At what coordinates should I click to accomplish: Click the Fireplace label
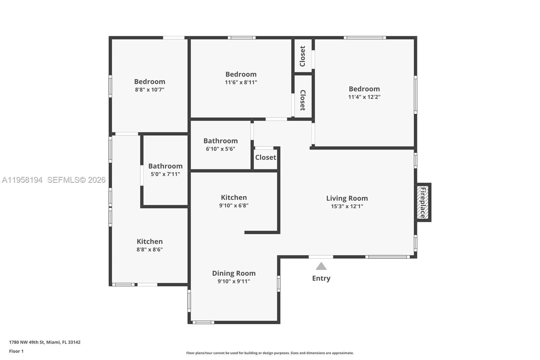(423, 202)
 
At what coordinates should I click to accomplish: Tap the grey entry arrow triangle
(321, 266)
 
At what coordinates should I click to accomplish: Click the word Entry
(321, 278)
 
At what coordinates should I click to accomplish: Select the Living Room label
(347, 198)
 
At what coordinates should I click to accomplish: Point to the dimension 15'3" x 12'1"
(347, 206)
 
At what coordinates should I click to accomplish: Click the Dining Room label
(234, 273)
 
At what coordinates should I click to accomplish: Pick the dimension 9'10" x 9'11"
(234, 281)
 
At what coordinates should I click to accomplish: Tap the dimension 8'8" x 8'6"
(150, 250)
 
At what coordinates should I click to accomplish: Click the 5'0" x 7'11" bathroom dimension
(165, 174)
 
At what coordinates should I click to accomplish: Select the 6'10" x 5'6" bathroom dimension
(220, 149)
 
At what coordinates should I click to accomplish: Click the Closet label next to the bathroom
(265, 157)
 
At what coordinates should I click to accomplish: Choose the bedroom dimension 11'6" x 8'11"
(241, 82)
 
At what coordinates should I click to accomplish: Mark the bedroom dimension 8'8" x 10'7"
(150, 90)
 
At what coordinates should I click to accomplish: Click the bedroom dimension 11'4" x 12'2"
(364, 97)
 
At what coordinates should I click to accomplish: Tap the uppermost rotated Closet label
(302, 56)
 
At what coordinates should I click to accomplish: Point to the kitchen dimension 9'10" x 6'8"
(234, 206)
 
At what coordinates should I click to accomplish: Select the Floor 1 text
(16, 351)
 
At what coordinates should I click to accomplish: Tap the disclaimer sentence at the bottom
(270, 353)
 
